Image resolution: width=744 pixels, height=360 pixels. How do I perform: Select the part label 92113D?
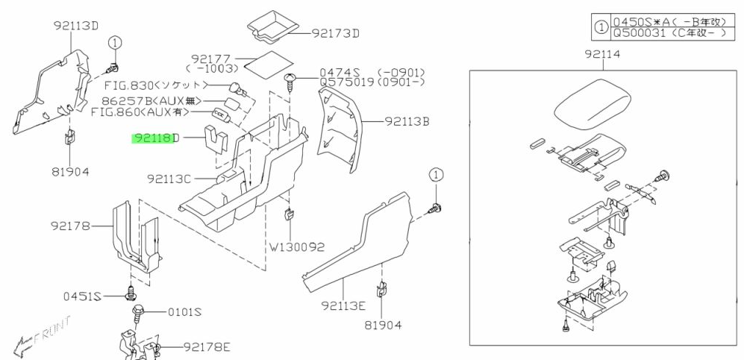pos(76,26)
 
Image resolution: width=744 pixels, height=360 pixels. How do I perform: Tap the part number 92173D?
pos(336,33)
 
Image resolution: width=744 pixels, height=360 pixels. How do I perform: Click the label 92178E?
pos(207,346)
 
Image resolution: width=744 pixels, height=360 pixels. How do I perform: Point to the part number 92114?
pos(603,54)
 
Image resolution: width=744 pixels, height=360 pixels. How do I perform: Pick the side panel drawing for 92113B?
pos(340,125)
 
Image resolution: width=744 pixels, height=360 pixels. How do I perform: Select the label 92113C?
pos(168,179)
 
